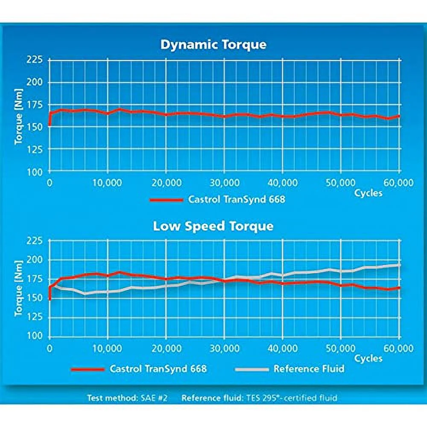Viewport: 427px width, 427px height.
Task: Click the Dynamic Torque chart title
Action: click(x=213, y=44)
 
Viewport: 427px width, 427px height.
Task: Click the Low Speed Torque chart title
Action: click(x=213, y=226)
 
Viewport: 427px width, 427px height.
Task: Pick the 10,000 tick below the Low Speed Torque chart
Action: click(x=107, y=347)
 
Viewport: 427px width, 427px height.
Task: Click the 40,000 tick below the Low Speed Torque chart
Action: click(x=282, y=347)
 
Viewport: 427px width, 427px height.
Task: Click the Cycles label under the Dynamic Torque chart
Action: click(x=368, y=193)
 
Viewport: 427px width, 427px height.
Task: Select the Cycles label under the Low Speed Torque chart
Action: click(x=368, y=358)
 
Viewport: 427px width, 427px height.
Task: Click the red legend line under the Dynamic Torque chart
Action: click(x=166, y=199)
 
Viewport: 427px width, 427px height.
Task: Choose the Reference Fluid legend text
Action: click(x=309, y=368)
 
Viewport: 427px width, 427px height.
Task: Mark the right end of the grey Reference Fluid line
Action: click(x=399, y=265)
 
